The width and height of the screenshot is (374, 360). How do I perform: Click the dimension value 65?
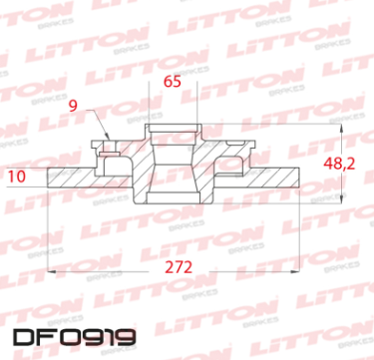[x=173, y=81]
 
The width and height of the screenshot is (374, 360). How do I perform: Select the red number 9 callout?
[x=73, y=106]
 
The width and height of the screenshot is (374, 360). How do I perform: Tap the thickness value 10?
[x=16, y=177]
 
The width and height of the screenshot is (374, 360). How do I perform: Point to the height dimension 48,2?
[x=339, y=164]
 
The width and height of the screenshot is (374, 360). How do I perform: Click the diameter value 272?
[x=179, y=267]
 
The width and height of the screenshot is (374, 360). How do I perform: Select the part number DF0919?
[x=75, y=337]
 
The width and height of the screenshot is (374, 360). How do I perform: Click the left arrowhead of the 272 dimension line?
[x=52, y=271]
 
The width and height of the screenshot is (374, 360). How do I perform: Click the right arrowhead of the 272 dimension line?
[x=296, y=271]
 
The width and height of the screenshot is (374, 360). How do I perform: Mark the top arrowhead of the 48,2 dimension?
[x=341, y=128]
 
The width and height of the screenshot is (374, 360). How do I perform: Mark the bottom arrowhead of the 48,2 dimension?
[x=341, y=198]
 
